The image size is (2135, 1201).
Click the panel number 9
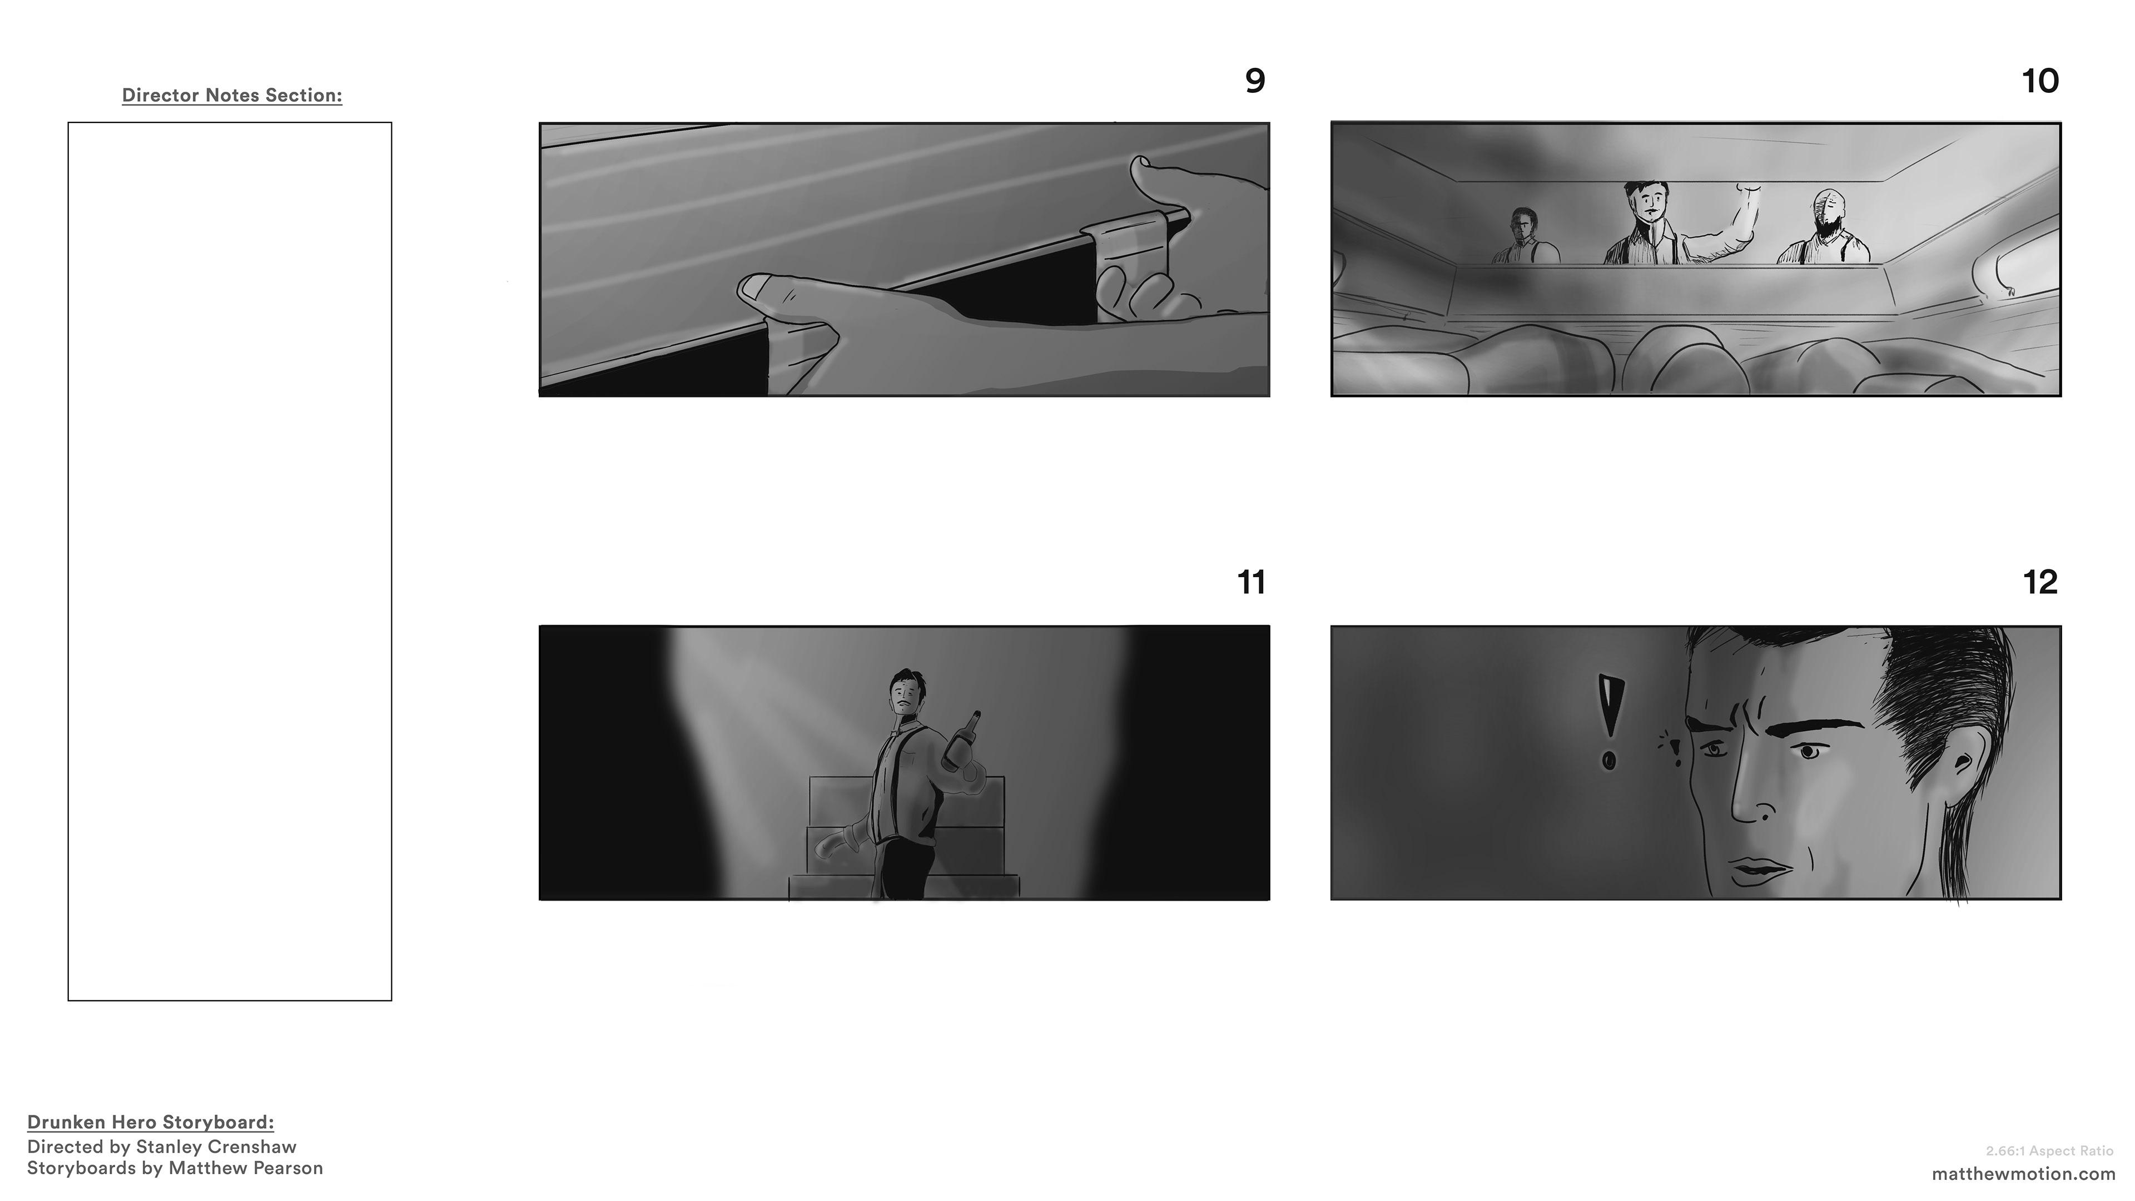point(1255,81)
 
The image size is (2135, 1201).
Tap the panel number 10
point(2040,81)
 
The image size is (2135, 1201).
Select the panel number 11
point(1252,583)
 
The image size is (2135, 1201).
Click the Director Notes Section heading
point(232,95)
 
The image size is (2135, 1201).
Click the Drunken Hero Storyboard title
point(151,1122)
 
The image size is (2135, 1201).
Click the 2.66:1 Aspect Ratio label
point(2049,1152)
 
